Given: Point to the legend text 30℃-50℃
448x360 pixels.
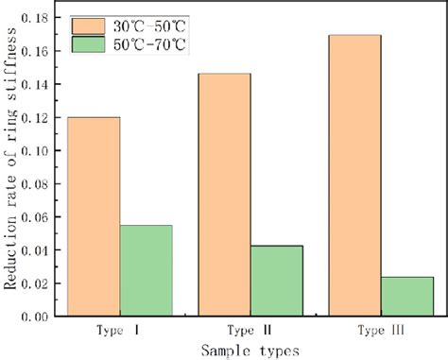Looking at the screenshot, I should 155,24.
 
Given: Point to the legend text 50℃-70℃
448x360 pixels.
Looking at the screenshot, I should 155,44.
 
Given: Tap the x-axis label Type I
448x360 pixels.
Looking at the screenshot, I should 119,331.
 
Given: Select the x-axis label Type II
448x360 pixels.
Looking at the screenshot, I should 250,331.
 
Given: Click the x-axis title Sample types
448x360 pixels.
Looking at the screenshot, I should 250,349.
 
